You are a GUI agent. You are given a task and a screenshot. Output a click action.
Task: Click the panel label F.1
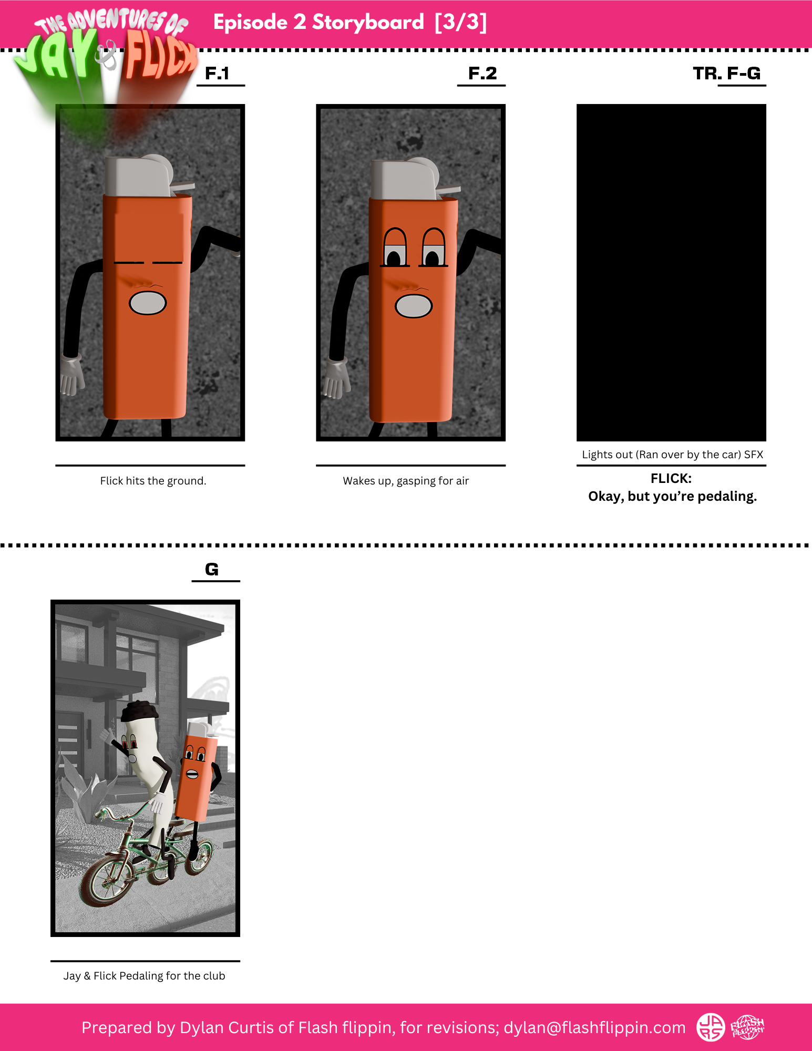point(217,74)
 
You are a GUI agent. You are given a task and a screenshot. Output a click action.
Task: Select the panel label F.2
point(482,74)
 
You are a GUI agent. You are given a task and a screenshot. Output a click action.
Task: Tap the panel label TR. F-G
point(727,74)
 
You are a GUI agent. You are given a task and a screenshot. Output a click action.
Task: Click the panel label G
point(212,570)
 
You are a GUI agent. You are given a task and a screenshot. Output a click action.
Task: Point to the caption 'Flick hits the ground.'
point(153,481)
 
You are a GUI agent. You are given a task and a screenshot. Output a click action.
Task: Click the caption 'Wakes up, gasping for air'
point(406,481)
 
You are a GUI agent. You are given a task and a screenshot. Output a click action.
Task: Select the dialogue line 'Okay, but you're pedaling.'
point(672,497)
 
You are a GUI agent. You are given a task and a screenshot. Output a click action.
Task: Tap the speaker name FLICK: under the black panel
point(671,479)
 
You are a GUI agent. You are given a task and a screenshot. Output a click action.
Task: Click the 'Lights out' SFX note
point(672,455)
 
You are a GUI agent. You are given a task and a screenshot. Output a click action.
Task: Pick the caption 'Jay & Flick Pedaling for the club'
point(144,976)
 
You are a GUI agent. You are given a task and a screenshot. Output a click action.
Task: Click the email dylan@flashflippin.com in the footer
point(594,1027)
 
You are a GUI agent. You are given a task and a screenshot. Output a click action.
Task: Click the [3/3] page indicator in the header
point(461,22)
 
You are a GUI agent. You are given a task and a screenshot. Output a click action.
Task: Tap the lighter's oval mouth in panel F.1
point(148,303)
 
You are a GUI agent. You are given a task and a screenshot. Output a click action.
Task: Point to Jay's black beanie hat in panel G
point(139,710)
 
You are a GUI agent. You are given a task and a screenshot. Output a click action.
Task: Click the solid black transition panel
point(671,272)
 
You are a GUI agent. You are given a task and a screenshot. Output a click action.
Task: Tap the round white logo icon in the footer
point(711,1027)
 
